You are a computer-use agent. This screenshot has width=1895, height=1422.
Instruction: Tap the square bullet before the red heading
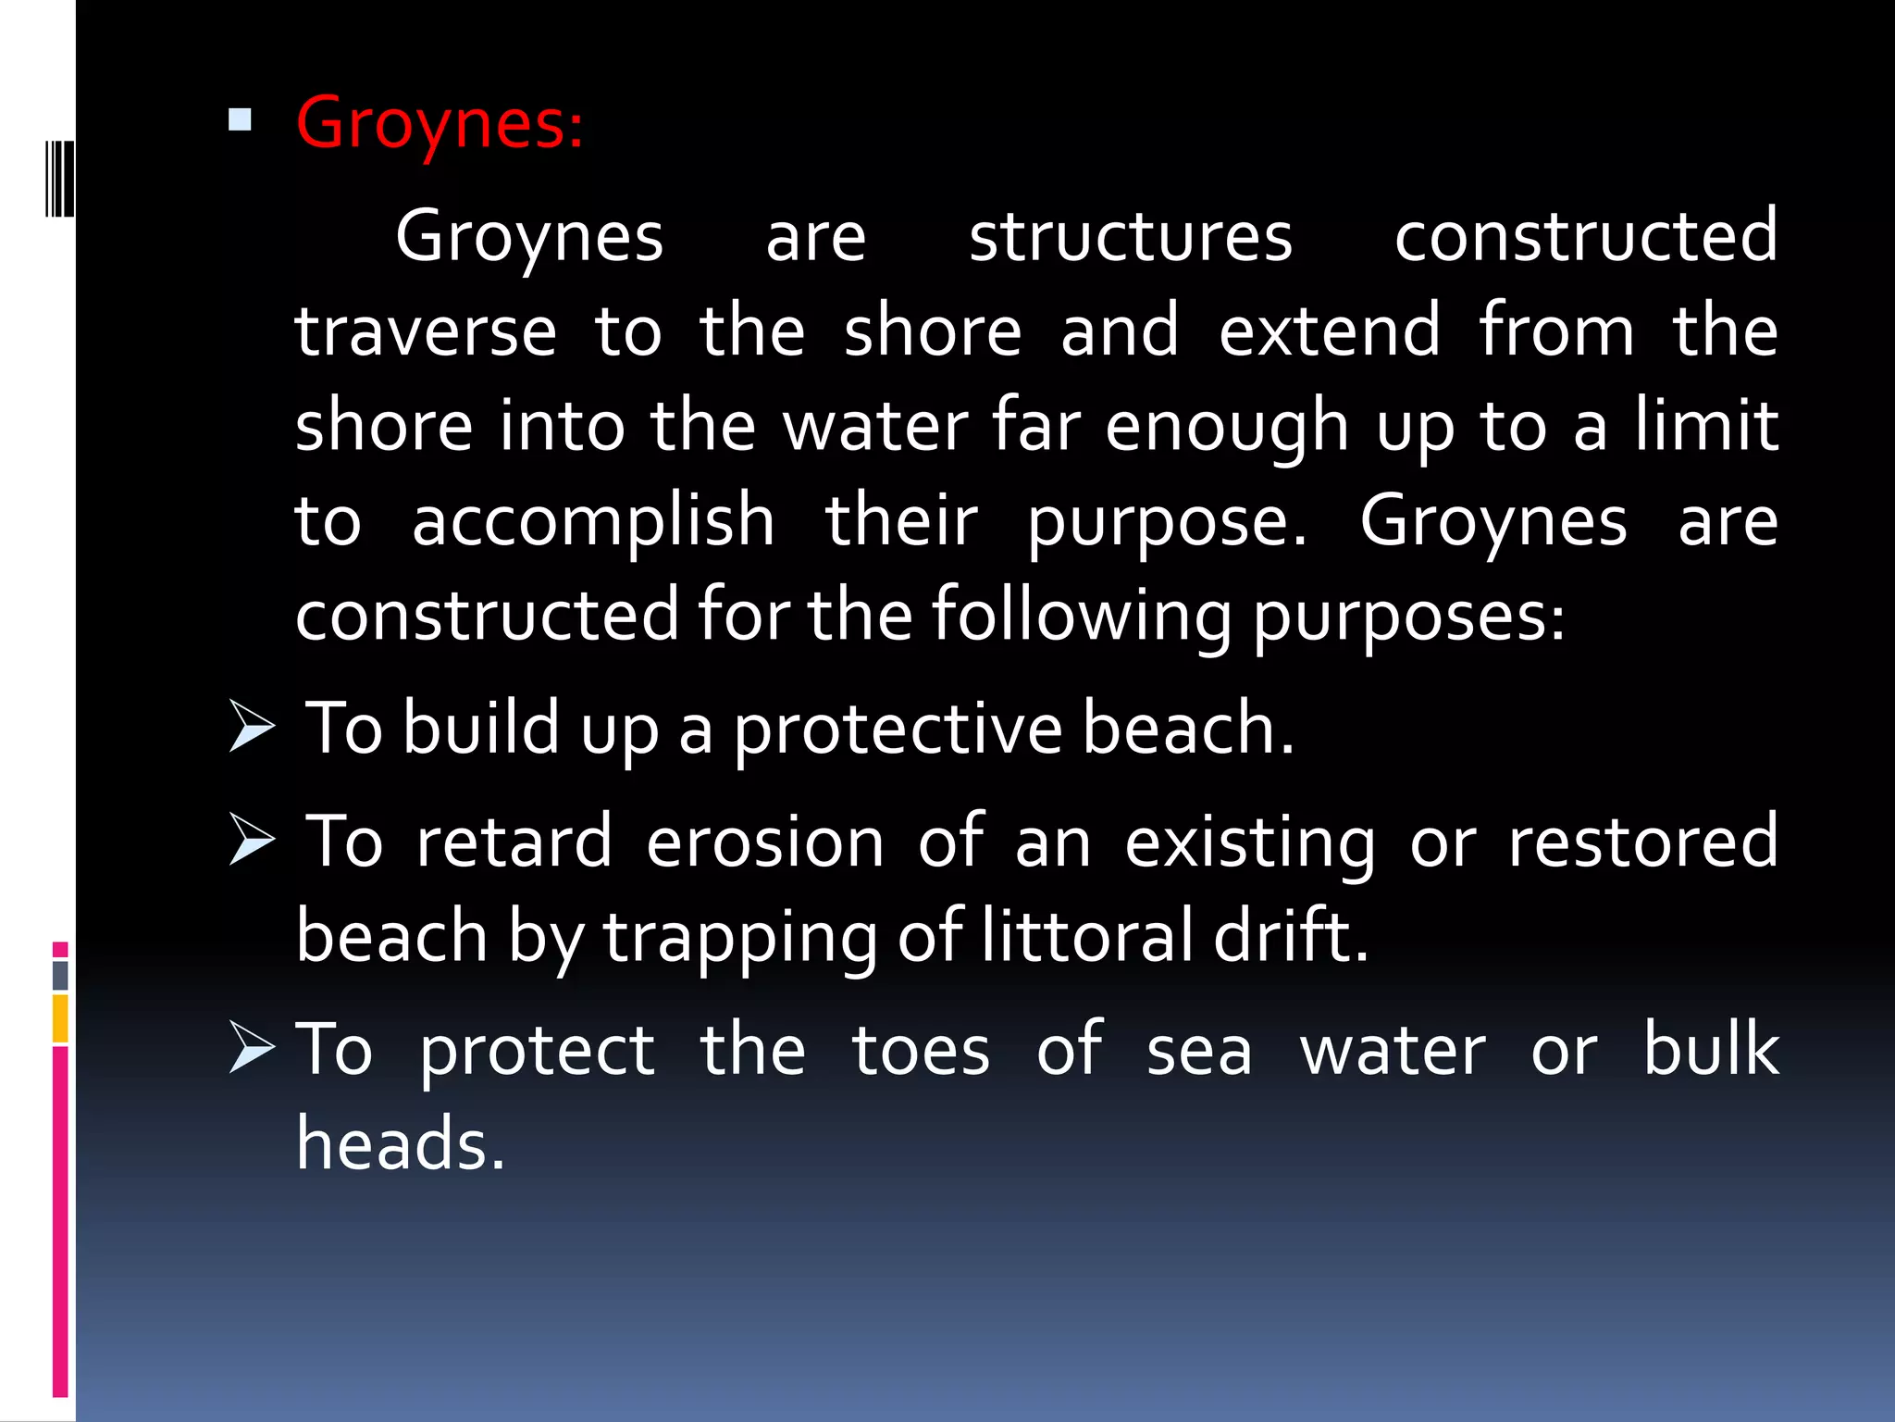coord(240,119)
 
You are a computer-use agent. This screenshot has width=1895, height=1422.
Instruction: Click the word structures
coord(1130,237)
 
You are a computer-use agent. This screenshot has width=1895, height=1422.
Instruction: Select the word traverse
coord(426,332)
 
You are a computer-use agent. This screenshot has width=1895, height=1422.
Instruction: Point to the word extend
coord(1330,331)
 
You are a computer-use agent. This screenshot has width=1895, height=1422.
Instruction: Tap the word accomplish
coord(593,522)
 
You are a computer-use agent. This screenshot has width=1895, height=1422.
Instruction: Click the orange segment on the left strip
coord(60,1018)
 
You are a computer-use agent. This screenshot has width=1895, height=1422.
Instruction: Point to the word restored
coord(1643,842)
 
